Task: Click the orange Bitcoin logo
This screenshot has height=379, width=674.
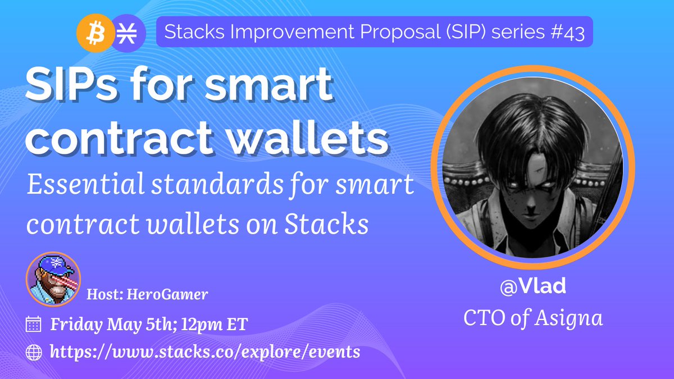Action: pos(95,33)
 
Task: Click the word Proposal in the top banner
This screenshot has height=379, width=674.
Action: pos(399,32)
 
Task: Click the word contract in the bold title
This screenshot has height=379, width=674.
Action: pos(120,138)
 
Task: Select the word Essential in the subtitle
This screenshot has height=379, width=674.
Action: pos(85,184)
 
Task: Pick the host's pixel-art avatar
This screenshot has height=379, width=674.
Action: pos(53,280)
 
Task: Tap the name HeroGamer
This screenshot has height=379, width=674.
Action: pos(167,294)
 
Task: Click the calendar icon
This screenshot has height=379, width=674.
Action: pos(33,324)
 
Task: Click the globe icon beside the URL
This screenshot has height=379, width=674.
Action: pos(34,353)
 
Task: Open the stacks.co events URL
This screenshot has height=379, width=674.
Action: pos(205,352)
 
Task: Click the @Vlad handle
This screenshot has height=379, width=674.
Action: pos(533,286)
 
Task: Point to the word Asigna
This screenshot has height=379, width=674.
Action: pos(568,318)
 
